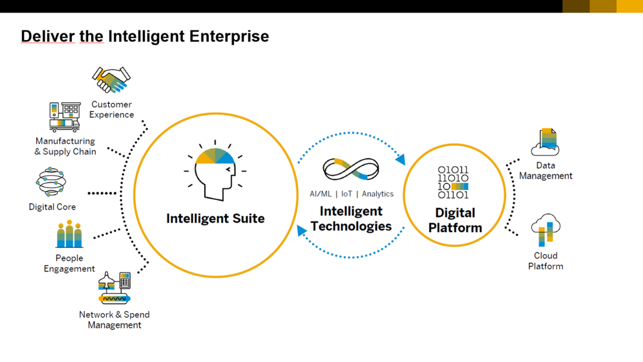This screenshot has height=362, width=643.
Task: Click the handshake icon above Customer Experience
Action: [x=111, y=80]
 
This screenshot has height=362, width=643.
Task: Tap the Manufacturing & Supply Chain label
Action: [x=65, y=146]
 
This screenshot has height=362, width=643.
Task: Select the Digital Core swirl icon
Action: [x=52, y=182]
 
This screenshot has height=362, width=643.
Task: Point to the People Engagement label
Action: [x=69, y=263]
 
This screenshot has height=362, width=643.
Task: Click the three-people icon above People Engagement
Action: [x=70, y=234]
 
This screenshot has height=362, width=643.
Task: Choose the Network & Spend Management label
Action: [x=114, y=320]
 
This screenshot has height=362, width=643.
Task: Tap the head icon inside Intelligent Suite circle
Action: [x=215, y=170]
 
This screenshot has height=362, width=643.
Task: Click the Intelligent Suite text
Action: [x=215, y=219]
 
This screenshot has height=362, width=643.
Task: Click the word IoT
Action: [x=347, y=194]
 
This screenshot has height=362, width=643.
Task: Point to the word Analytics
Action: [x=377, y=194]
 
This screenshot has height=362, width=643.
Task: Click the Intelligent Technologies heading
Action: [x=351, y=219]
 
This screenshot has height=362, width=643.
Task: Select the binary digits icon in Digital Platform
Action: [x=454, y=182]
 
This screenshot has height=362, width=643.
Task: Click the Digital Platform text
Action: [x=455, y=220]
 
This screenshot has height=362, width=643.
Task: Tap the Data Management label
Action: [x=545, y=170]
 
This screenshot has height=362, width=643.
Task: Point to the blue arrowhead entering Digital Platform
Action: [x=401, y=159]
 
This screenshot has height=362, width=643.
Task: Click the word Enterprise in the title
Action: [x=229, y=36]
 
